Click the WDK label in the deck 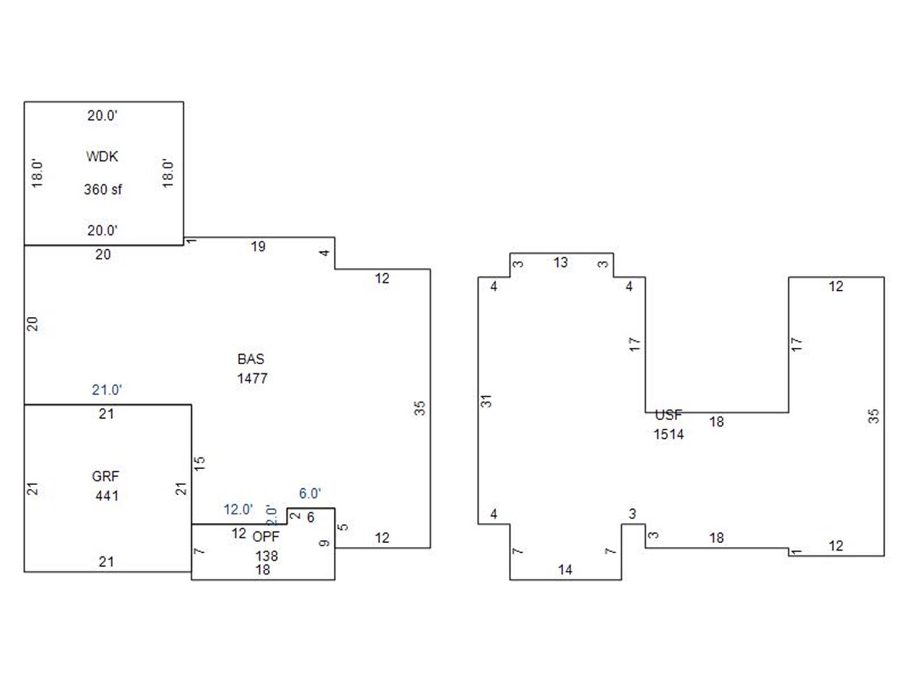(102, 156)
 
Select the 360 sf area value (103, 190)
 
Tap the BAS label (251, 359)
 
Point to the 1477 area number (252, 378)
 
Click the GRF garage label (106, 476)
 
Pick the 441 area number (107, 496)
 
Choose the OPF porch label (266, 537)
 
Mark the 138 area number (267, 556)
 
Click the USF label (669, 415)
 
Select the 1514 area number (669, 434)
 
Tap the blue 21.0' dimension (107, 390)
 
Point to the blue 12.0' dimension (238, 509)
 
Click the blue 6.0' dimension (310, 493)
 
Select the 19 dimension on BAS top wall (258, 247)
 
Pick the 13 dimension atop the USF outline (561, 262)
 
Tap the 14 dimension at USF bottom (565, 570)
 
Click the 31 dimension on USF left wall (486, 401)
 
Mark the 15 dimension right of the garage (200, 463)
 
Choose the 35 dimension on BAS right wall (420, 408)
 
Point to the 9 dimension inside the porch (325, 543)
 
